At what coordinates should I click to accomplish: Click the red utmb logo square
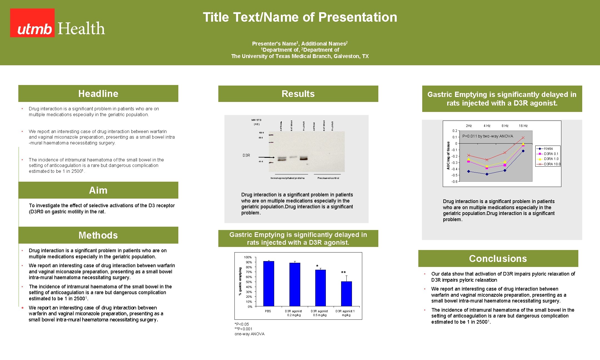coord(32,23)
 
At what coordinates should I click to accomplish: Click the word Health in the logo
coord(81,29)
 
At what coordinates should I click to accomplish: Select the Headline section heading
coord(98,94)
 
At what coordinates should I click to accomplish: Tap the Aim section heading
coord(98,190)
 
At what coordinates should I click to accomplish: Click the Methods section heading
coord(98,235)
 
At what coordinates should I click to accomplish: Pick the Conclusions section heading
coord(498,259)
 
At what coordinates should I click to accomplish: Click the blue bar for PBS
coord(268,283)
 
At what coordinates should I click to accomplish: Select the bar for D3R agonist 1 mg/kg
coord(346,294)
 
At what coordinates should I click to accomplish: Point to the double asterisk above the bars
coord(343,272)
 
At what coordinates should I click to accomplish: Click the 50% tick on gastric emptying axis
coord(249,282)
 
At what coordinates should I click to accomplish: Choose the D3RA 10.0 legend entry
coord(551,164)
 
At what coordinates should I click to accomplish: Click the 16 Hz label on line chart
coord(523,126)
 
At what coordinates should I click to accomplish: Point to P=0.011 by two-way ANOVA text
coord(487,136)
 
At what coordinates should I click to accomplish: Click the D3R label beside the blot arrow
coord(246,156)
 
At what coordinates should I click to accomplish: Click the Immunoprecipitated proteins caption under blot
coord(287,178)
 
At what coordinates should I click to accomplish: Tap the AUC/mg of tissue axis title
coord(448,156)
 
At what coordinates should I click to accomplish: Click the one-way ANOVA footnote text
coord(249,334)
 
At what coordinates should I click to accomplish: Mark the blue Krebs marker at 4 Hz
coord(487,174)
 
